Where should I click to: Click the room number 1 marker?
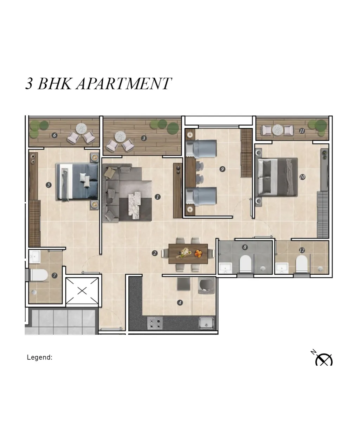pos(157,197)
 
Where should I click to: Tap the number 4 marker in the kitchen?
pos(180,302)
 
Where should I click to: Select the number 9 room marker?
pos(223,169)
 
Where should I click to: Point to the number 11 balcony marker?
pos(302,131)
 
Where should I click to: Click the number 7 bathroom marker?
pos(54,276)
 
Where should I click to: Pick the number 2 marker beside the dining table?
pos(155,253)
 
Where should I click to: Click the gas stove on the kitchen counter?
pos(155,323)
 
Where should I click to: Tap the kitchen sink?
pos(207,323)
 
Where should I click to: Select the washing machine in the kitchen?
pos(206,286)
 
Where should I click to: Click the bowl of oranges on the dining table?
pos(198,253)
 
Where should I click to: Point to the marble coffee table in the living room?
pos(135,205)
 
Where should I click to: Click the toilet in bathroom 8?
pos(245,264)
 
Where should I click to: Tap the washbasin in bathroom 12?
pos(282,268)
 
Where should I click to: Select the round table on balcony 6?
pos(81,129)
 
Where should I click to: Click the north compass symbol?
pos(324,360)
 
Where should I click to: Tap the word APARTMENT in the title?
pos(124,83)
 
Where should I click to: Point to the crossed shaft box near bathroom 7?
pos(82,291)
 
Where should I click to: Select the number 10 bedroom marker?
pos(302,177)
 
